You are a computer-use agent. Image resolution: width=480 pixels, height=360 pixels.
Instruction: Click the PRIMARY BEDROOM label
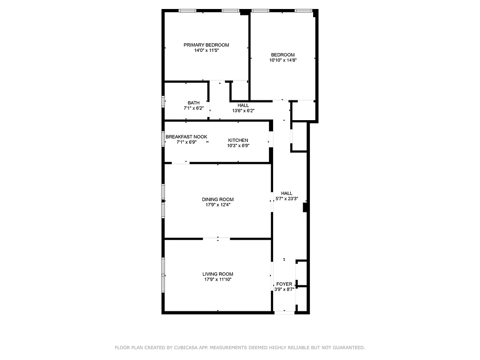[x=206, y=45]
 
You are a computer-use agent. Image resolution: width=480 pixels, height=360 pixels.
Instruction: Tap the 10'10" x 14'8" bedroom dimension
[x=283, y=60]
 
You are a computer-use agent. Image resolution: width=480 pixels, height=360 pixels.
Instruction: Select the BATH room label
[x=193, y=103]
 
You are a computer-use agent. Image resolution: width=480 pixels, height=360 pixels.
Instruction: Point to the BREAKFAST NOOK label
[x=186, y=137]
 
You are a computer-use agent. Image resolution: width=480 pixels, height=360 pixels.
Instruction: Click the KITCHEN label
[x=238, y=140]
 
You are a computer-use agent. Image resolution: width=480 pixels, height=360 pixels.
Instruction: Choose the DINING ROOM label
[x=218, y=199]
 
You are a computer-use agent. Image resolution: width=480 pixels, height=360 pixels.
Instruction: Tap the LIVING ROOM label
[x=218, y=274]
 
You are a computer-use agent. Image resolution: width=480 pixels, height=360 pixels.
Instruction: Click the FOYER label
[x=284, y=284]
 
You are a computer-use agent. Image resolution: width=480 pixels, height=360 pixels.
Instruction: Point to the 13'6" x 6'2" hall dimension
[x=243, y=111]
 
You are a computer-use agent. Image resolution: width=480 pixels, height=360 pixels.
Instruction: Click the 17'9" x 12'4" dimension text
[x=218, y=205]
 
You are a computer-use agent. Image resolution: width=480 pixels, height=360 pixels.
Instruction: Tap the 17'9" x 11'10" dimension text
[x=218, y=279]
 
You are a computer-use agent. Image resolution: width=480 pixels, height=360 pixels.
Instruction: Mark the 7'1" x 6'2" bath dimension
[x=193, y=108]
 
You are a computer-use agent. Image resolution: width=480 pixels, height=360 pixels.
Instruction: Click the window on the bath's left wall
[x=163, y=101]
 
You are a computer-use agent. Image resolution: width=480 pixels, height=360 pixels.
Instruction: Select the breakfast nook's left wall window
[x=163, y=138]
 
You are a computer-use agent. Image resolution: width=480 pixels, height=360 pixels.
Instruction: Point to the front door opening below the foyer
[x=284, y=312]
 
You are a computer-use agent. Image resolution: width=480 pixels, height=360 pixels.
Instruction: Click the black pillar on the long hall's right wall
[x=305, y=207]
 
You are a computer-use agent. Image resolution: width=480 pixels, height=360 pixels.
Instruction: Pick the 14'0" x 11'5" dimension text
[x=206, y=50]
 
